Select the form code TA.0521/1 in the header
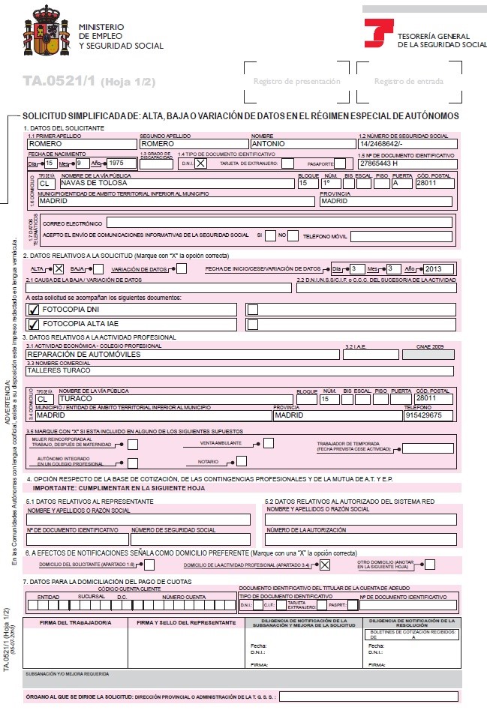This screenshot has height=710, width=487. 59,81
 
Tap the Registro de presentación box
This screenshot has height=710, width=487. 296,82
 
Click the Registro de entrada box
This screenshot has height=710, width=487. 408,82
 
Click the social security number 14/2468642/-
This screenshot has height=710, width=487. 383,143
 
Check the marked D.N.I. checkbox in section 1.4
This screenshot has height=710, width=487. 200,163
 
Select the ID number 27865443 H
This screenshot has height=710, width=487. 378,163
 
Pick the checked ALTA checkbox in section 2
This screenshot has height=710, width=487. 59,268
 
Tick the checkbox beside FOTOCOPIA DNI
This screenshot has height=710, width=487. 33,309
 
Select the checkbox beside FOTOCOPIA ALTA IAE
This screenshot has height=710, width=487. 33,325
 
